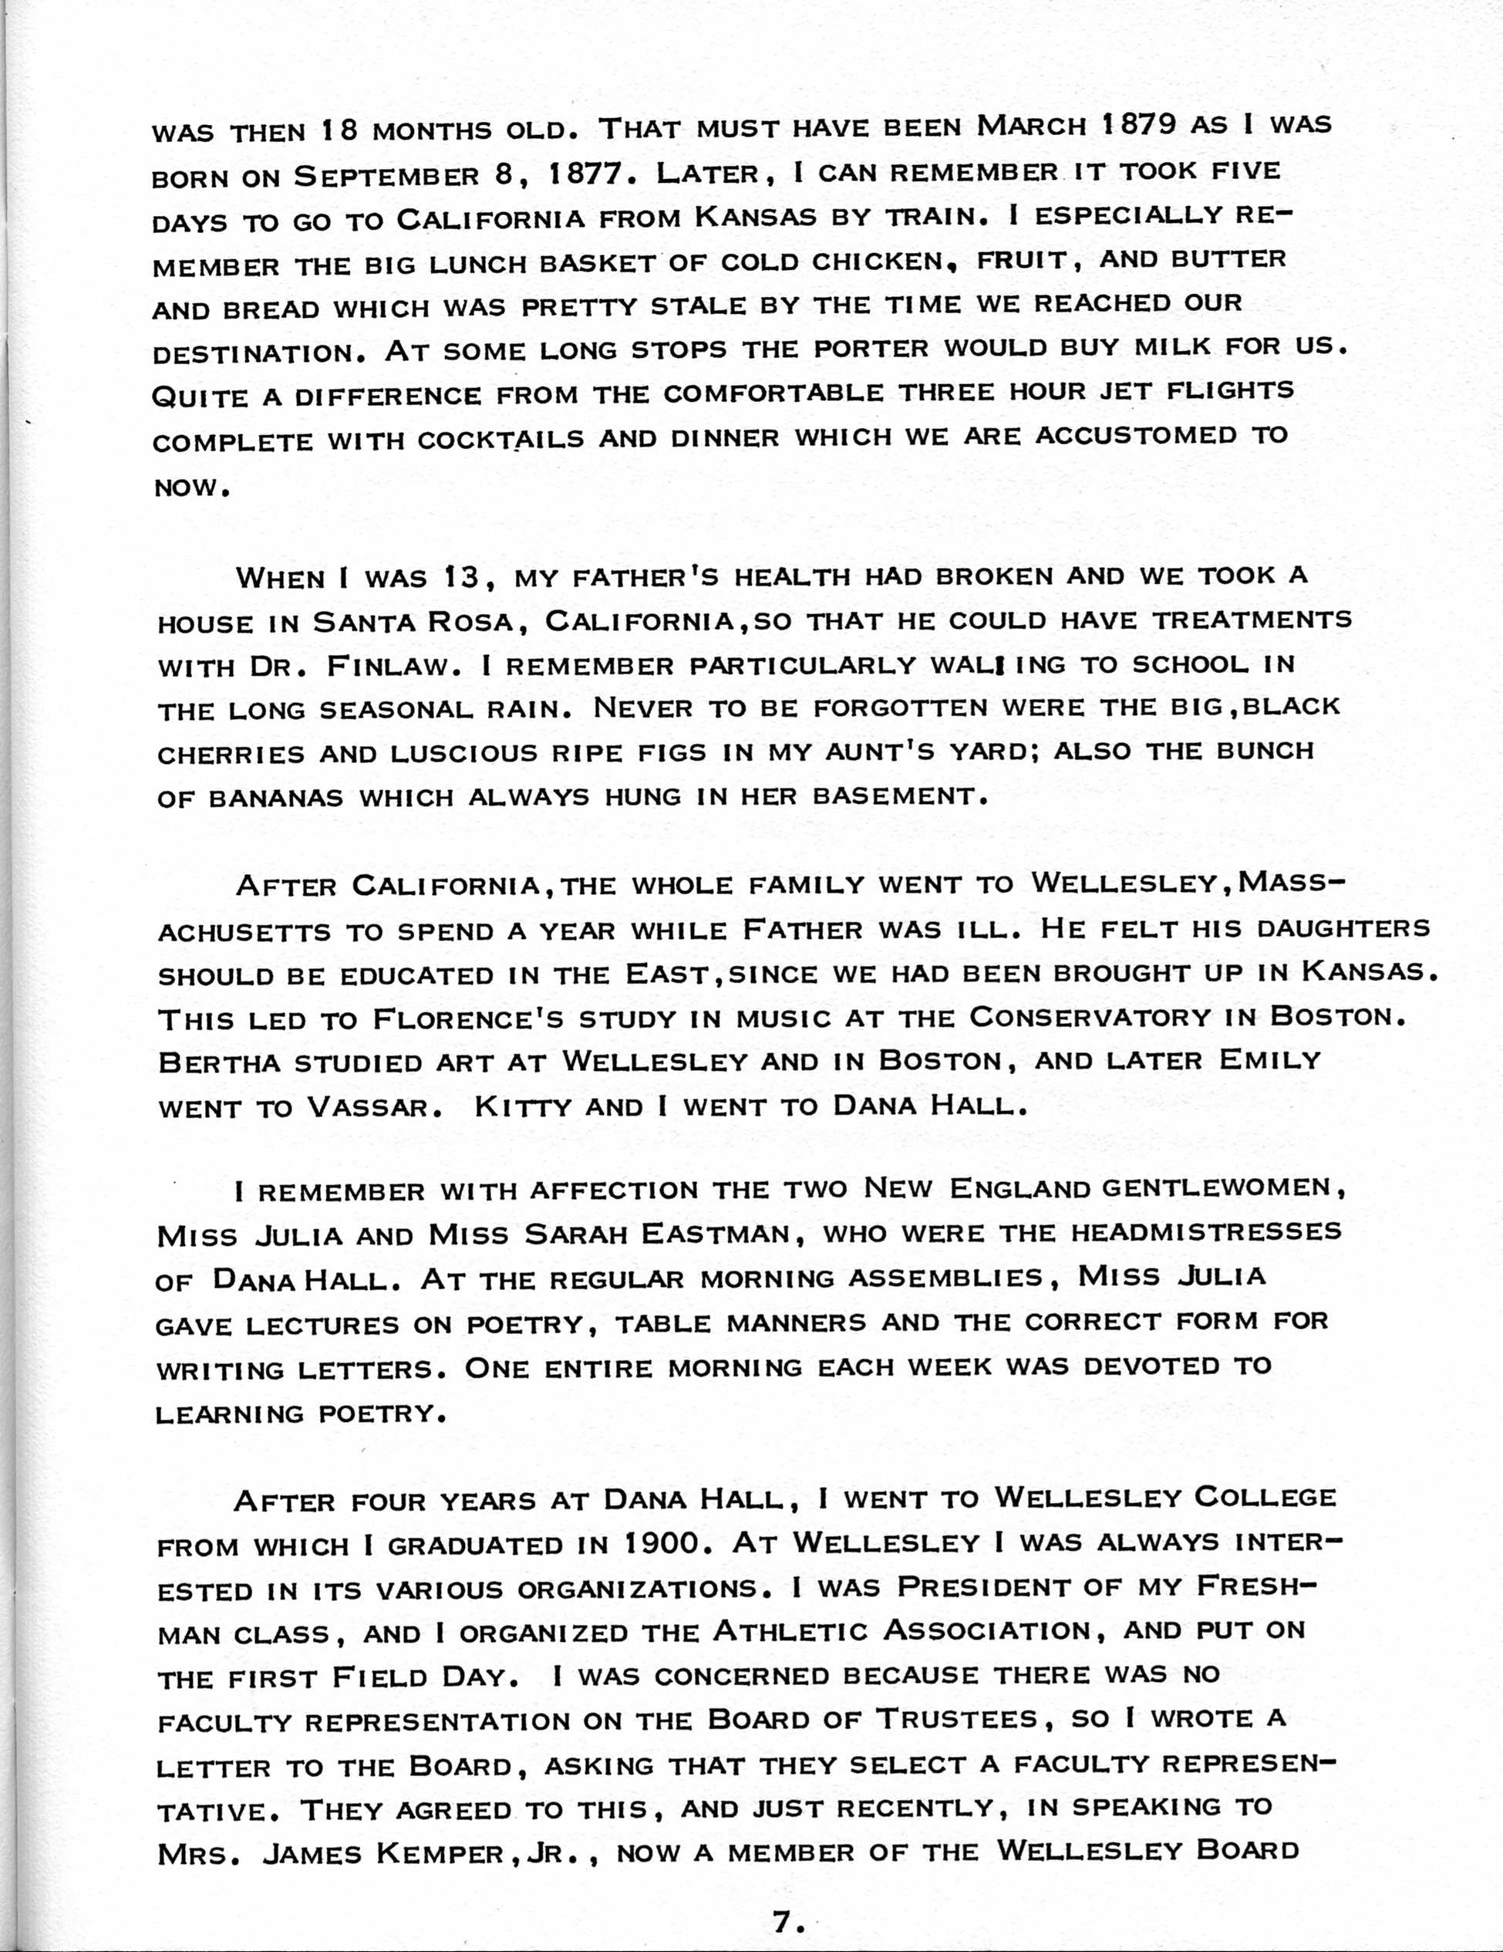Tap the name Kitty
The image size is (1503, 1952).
click(x=522, y=1108)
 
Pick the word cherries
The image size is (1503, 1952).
click(x=231, y=755)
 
